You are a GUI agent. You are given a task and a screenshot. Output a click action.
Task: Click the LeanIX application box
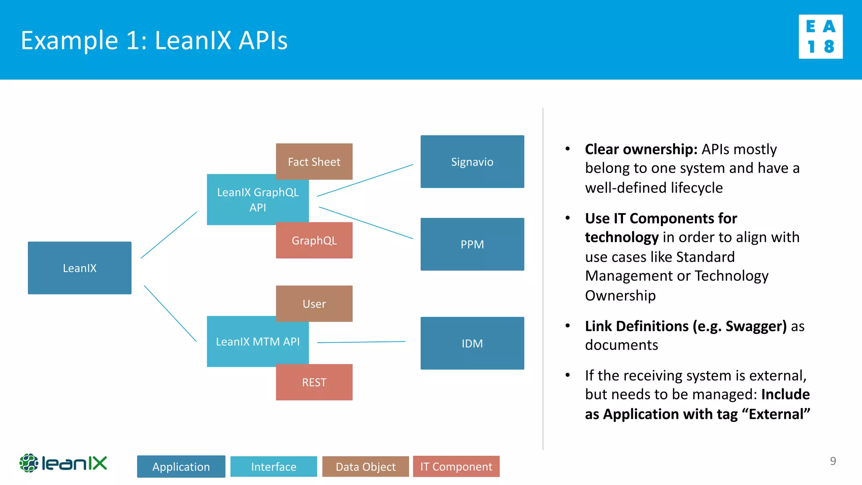[x=80, y=268]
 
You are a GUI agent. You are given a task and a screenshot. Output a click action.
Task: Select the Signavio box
[x=472, y=162]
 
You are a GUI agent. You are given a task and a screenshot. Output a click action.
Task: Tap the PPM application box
[x=472, y=244]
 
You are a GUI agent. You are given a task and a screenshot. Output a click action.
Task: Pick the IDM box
[x=472, y=343]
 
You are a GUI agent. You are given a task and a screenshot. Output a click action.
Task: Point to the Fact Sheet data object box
[x=314, y=162]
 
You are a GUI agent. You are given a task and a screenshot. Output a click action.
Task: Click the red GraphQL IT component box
[x=314, y=240]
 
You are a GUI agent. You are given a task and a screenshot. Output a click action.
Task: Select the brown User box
[x=314, y=304]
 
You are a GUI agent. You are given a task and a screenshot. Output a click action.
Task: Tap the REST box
[x=314, y=382]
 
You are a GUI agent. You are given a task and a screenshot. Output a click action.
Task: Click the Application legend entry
[x=181, y=466]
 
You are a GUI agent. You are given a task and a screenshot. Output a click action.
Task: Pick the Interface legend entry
[x=274, y=466]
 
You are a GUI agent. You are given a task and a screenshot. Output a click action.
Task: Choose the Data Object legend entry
[x=365, y=466]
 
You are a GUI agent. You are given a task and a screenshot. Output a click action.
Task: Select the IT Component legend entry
[x=456, y=466]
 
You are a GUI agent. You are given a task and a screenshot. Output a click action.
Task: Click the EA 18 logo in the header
[x=820, y=37]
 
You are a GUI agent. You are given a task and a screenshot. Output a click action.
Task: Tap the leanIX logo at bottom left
[x=63, y=463]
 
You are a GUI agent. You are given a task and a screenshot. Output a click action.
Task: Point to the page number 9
[x=833, y=461]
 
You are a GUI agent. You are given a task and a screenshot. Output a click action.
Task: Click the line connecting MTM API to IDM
[x=361, y=342]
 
